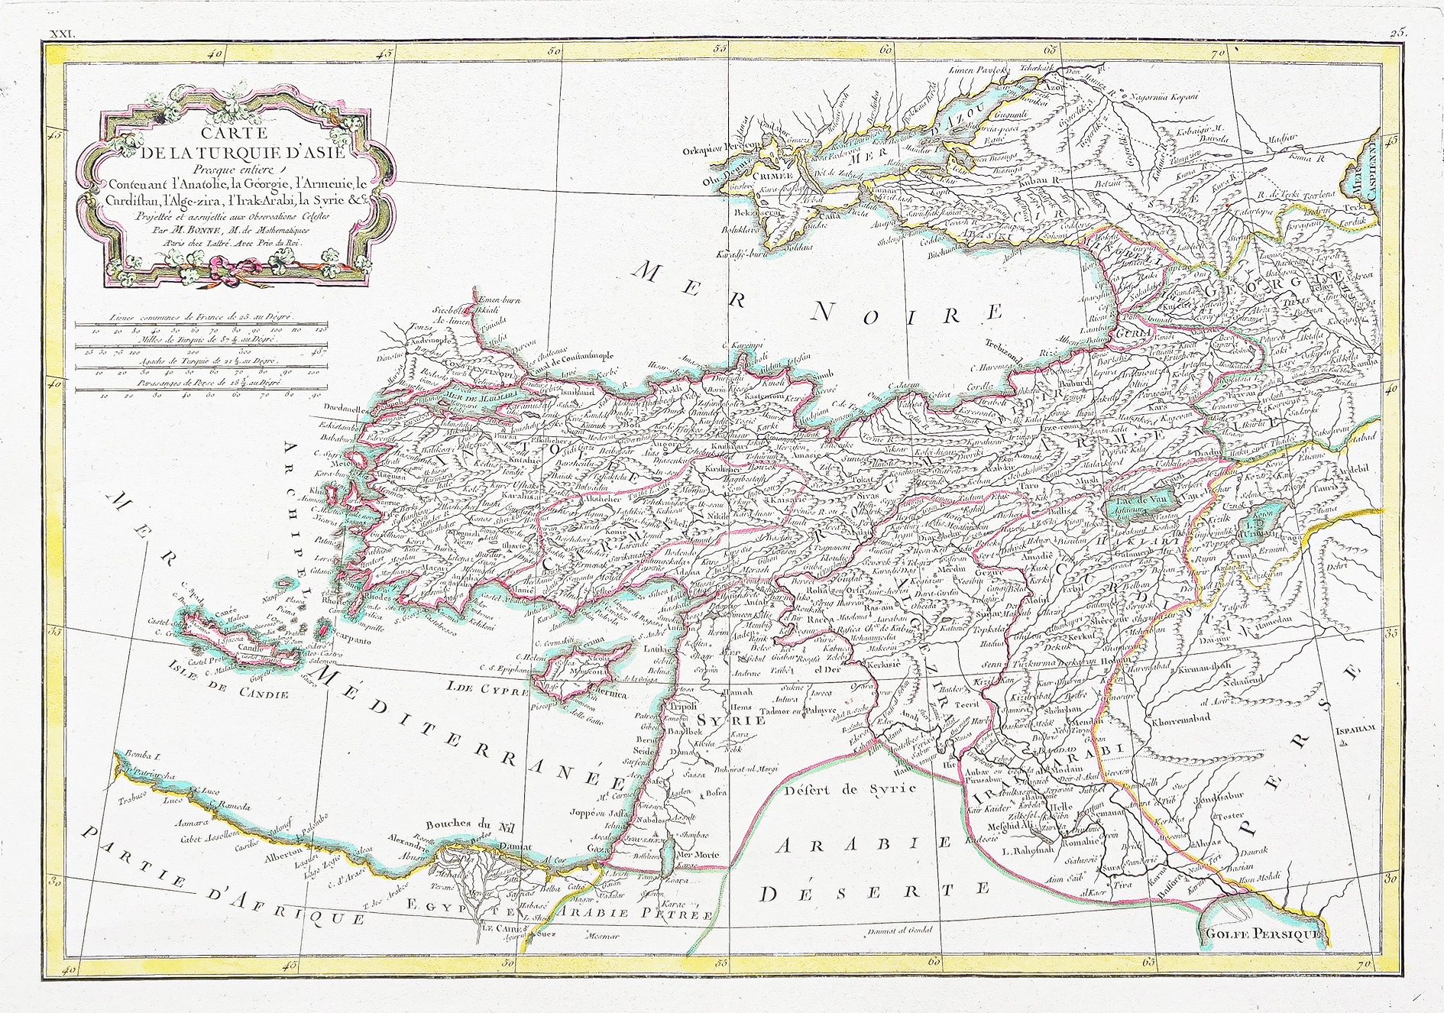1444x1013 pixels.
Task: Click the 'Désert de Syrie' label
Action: pyautogui.click(x=850, y=790)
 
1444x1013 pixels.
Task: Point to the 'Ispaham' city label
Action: pyautogui.click(x=1355, y=730)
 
